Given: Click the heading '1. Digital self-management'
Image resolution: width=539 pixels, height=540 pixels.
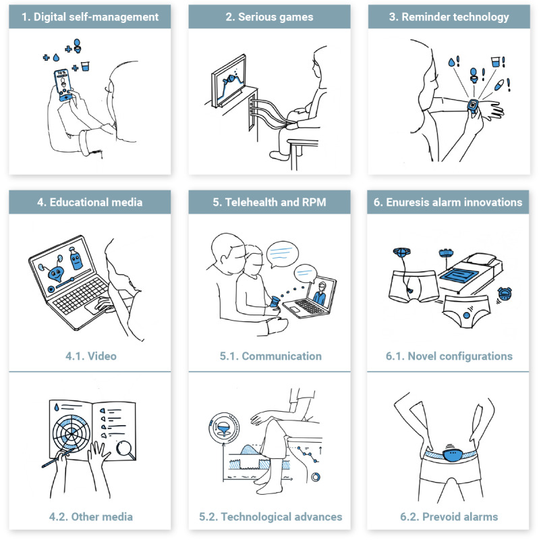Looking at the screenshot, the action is pos(90,17).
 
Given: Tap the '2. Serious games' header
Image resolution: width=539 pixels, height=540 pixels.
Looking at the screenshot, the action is pos(269,17).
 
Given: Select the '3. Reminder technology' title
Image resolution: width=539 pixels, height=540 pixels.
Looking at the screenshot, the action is pos(449,17).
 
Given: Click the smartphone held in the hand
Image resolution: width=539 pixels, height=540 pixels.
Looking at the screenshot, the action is pos(63,85).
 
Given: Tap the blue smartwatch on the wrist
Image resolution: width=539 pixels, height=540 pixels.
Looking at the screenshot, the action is pos(473,105).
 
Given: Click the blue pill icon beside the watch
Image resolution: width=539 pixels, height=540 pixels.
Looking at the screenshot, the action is pos(499,85).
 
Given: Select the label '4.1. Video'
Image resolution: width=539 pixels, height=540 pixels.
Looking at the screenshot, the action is pos(91,356).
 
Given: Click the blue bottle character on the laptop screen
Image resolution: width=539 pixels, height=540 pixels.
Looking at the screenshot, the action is pos(76,259).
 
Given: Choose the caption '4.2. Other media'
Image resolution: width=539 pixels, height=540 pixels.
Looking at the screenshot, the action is pos(91,516).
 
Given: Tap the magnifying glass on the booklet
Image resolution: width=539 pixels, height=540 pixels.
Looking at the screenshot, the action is pos(125,450).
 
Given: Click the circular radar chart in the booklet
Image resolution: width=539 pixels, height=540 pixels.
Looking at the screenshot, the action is pos(72,433).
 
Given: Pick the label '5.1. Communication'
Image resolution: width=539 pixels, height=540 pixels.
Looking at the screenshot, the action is pos(271,356).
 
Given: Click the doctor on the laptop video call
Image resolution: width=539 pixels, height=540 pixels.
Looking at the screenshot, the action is pos(320,294).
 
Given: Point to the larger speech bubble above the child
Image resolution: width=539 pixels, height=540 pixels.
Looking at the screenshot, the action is pos(282,254).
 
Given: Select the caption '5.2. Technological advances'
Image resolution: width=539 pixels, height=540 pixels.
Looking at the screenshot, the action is pos(271,516).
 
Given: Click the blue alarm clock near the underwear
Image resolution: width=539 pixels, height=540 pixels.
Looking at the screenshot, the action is pos(505,294).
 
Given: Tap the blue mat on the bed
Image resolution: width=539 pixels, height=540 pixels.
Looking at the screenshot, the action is pos(459,275).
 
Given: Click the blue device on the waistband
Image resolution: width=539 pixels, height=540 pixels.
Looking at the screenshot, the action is pos(452,453).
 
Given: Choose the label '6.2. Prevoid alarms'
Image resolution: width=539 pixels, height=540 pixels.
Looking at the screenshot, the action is pos(449,516).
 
